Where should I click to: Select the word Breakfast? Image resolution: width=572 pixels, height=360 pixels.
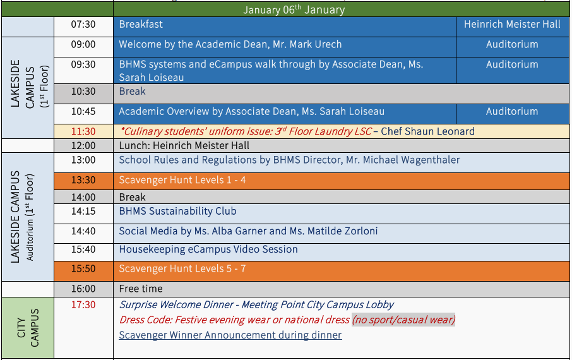141,25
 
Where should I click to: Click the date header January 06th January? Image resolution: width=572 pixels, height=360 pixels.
294,9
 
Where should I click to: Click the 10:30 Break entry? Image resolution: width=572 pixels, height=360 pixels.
132,92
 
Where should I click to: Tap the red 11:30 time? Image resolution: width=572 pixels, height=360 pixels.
83,131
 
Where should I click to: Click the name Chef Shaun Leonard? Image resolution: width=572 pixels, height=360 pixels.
427,131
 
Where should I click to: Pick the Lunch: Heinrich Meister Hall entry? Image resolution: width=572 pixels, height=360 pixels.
184,146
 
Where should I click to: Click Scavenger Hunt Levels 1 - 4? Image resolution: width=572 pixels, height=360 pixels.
182,180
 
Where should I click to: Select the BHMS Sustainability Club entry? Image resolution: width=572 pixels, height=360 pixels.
177,212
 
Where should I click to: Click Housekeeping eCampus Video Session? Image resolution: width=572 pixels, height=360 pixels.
208,249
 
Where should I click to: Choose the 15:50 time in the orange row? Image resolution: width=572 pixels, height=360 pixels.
83,268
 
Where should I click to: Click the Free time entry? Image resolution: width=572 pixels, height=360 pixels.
141,289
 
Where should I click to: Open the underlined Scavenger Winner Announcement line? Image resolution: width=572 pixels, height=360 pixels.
230,335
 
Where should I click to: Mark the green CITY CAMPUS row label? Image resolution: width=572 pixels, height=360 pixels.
28,328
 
